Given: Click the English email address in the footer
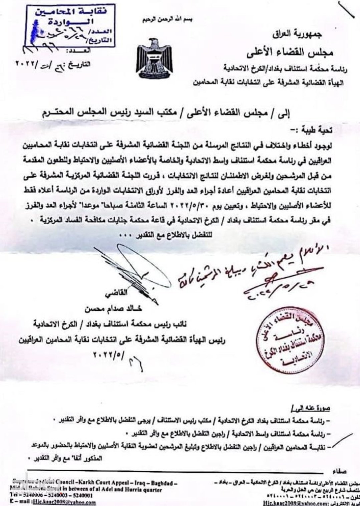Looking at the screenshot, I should (x=54, y=502).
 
